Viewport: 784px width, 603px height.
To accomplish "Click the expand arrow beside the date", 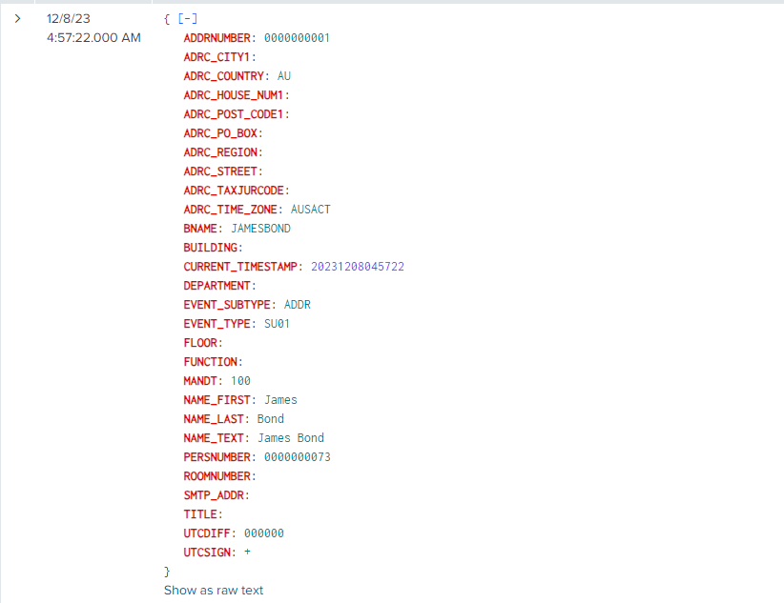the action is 17,19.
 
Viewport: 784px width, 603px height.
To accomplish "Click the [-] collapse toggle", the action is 188,19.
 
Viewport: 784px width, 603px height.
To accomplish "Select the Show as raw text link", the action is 214,590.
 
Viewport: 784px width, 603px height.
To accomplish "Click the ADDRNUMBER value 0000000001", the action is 297,38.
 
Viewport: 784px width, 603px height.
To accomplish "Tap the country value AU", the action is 284,76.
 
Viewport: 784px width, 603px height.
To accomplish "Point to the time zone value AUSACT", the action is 311,210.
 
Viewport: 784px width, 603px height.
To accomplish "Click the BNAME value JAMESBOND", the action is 260,229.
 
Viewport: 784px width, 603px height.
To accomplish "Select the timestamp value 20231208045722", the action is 358,267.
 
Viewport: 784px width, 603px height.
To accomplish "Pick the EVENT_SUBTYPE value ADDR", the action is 297,305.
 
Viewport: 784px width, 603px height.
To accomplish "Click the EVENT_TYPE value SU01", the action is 277,324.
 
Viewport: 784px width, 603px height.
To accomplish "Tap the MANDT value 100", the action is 240,381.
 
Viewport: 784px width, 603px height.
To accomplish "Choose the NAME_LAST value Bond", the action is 271,418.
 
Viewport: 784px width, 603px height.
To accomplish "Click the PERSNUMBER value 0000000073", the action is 297,457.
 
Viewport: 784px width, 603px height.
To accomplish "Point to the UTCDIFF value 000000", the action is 264,533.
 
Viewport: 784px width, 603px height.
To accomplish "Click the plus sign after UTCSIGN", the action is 247,553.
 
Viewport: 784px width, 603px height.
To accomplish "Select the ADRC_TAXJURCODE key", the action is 234,191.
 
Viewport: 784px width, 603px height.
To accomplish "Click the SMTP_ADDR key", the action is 214,495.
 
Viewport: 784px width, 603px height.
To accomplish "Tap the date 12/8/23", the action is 68,19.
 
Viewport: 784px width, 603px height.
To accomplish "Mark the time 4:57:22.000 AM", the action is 93,38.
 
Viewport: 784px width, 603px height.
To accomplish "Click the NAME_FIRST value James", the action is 280,400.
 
